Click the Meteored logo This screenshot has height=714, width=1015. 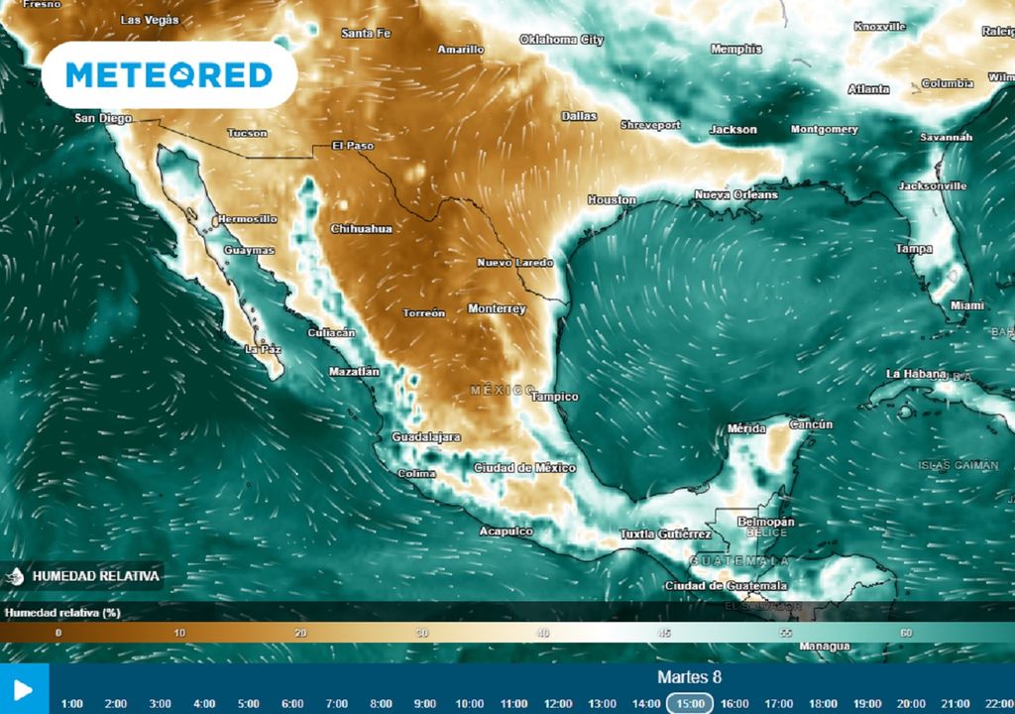pyautogui.click(x=169, y=74)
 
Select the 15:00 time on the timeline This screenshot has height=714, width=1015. pyautogui.click(x=689, y=703)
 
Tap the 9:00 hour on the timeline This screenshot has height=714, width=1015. pyautogui.click(x=424, y=703)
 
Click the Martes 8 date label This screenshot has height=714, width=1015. pyautogui.click(x=689, y=677)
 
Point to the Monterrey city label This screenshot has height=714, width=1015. pyautogui.click(x=497, y=308)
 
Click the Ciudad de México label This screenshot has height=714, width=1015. pyautogui.click(x=524, y=467)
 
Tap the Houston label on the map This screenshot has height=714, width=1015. pyautogui.click(x=612, y=199)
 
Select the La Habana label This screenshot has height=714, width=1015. pyautogui.click(x=917, y=374)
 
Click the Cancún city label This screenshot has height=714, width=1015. pyautogui.click(x=811, y=424)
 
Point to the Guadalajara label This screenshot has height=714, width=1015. pyautogui.click(x=426, y=436)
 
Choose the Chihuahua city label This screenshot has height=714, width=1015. pyautogui.click(x=361, y=228)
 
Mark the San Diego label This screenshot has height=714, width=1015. pyautogui.click(x=103, y=118)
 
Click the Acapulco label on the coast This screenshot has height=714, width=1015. pyautogui.click(x=506, y=532)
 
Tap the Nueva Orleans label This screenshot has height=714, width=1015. pyautogui.click(x=735, y=195)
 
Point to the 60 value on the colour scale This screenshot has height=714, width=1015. pyautogui.click(x=906, y=633)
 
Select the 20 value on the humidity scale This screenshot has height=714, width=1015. pyautogui.click(x=300, y=633)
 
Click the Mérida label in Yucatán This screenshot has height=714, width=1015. pyautogui.click(x=746, y=428)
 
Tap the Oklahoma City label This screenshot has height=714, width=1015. pyautogui.click(x=561, y=40)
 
